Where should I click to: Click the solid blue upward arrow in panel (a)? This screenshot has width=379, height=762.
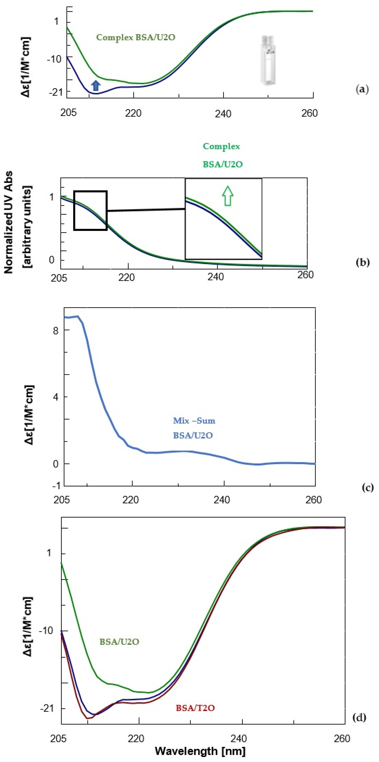click(95, 86)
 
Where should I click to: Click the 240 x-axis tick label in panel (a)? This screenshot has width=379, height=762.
click(223, 114)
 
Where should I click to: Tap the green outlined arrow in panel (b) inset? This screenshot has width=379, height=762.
click(228, 196)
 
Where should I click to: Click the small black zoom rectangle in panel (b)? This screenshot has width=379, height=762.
click(90, 210)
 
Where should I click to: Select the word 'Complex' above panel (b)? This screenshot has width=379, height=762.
click(221, 146)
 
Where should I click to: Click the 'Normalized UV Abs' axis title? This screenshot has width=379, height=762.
click(9, 222)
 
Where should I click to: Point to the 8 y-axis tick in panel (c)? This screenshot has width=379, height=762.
click(56, 330)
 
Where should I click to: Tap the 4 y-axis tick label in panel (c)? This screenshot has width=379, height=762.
click(56, 397)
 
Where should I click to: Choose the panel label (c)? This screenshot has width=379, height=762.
click(367, 488)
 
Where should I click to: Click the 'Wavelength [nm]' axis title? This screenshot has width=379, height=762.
click(200, 751)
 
